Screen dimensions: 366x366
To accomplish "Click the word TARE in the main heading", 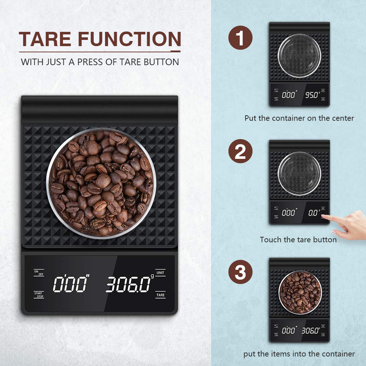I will [x=45, y=40].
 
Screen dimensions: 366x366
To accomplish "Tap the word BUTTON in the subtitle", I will [x=161, y=62].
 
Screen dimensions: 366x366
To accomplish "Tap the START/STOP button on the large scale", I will [x=39, y=295].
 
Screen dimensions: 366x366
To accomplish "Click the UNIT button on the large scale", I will [x=160, y=273].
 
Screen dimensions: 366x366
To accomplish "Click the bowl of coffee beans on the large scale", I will [x=101, y=183].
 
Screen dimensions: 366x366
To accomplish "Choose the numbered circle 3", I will [x=240, y=273].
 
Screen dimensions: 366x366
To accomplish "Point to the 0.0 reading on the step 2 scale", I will [x=313, y=212].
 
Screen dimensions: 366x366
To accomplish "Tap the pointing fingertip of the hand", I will [x=324, y=216].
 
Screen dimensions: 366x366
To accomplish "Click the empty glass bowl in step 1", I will [x=299, y=56].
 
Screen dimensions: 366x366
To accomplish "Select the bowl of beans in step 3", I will [x=299, y=292].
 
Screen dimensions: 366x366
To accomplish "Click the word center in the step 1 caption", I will [x=342, y=118].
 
